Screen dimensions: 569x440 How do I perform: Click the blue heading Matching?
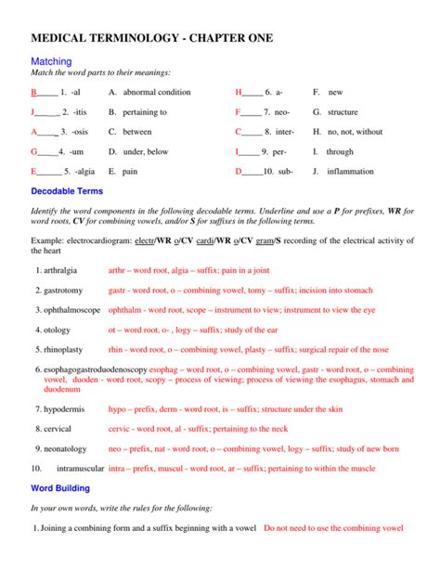coord(52,60)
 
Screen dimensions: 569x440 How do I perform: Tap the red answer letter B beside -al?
coord(33,93)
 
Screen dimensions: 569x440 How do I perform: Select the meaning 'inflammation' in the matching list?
coord(350,172)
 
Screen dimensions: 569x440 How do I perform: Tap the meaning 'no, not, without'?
coord(355,132)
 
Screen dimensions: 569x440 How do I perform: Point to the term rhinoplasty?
coord(63,350)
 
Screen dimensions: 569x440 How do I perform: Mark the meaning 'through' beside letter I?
coord(341,151)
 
